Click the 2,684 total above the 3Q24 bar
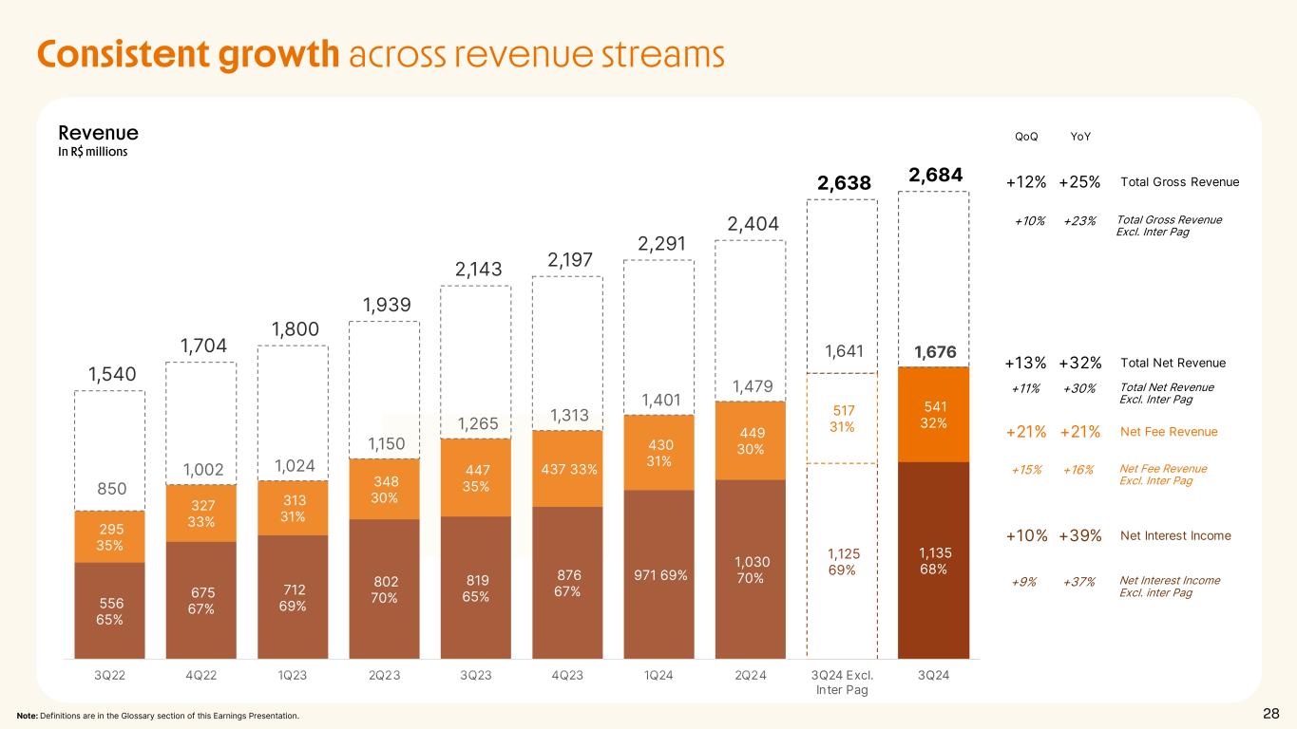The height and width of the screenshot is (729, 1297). pyautogui.click(x=935, y=176)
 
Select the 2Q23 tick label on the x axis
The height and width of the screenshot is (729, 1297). pyautogui.click(x=384, y=676)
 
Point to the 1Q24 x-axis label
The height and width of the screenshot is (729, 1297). pyautogui.click(x=658, y=676)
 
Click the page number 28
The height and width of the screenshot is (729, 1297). pyautogui.click(x=1270, y=715)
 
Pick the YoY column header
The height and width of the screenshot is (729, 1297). pyautogui.click(x=1080, y=137)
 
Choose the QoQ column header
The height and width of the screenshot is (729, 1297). pyautogui.click(x=1026, y=137)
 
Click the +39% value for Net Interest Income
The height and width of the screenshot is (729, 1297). pyautogui.click(x=1079, y=536)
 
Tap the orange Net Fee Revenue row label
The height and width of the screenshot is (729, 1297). pyautogui.click(x=1169, y=433)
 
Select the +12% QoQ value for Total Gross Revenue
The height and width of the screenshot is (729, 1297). pyautogui.click(x=1026, y=182)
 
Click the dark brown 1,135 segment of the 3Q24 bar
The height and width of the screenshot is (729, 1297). pyautogui.click(x=933, y=560)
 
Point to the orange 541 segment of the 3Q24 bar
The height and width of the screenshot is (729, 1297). pyautogui.click(x=933, y=415)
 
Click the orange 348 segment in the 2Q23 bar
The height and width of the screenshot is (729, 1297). pyautogui.click(x=384, y=489)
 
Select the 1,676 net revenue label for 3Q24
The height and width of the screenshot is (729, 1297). pyautogui.click(x=934, y=353)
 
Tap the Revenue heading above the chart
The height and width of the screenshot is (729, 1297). pyautogui.click(x=98, y=134)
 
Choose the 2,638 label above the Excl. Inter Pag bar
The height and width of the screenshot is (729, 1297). pyautogui.click(x=843, y=182)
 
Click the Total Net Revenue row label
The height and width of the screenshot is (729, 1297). pyautogui.click(x=1173, y=363)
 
